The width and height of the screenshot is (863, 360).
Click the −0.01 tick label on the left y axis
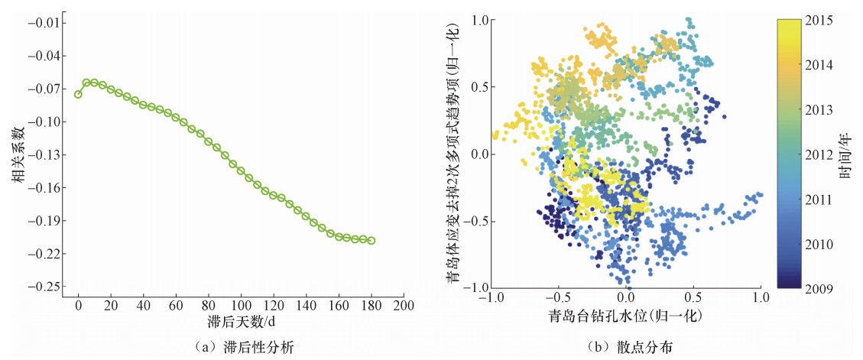pyautogui.click(x=47, y=23)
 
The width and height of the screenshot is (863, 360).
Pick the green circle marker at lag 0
pyautogui.click(x=78, y=94)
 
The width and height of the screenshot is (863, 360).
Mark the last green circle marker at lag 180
pyautogui.click(x=371, y=241)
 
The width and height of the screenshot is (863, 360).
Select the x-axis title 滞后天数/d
pyautogui.click(x=240, y=321)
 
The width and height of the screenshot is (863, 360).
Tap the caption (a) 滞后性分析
pyautogui.click(x=239, y=347)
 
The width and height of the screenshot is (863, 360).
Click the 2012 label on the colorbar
pyautogui.click(x=819, y=154)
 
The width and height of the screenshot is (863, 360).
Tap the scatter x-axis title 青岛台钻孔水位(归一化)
pyautogui.click(x=625, y=316)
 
